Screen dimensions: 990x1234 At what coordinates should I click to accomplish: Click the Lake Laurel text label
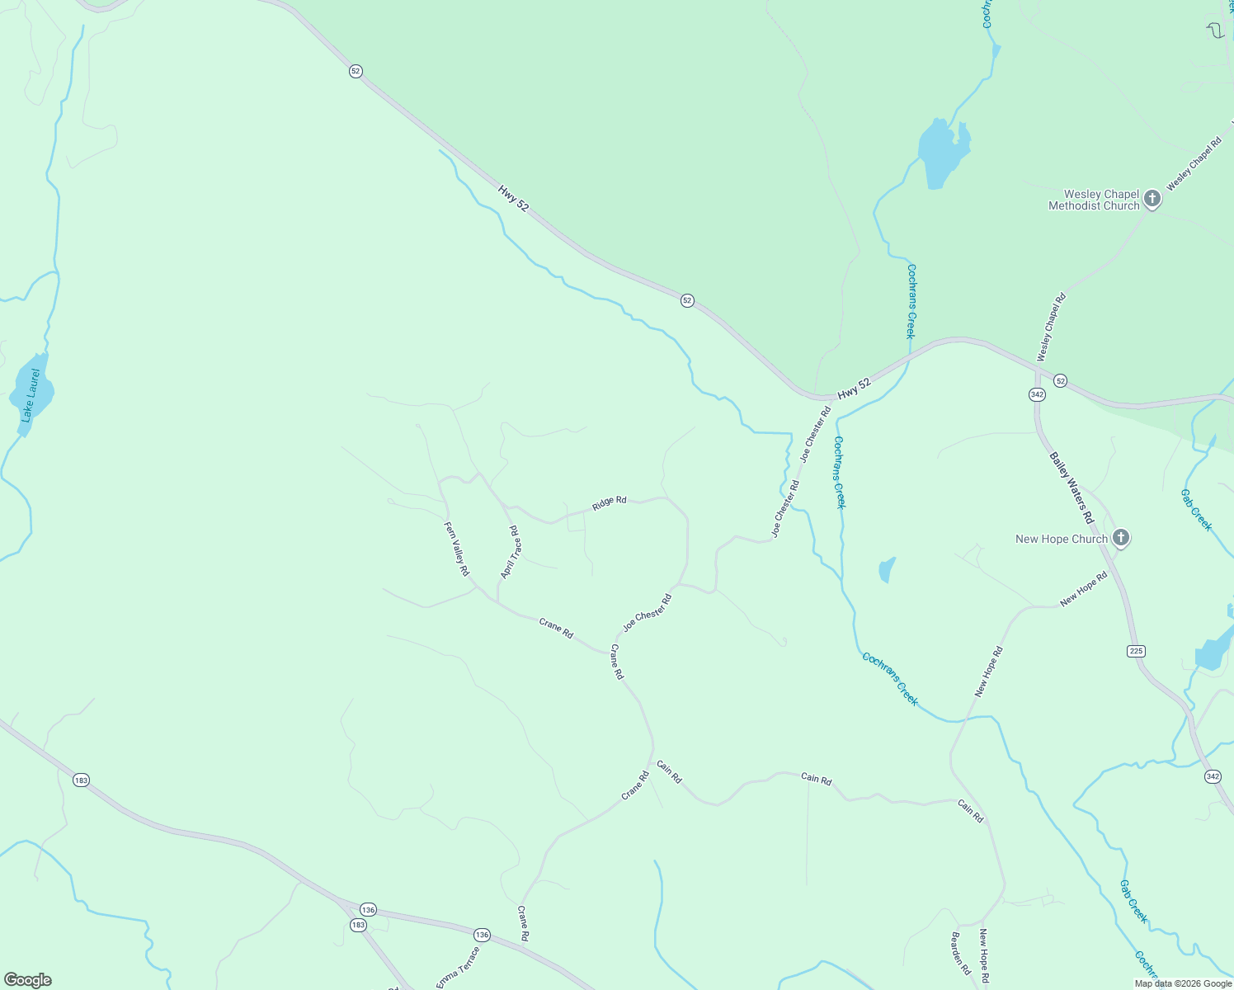tap(31, 396)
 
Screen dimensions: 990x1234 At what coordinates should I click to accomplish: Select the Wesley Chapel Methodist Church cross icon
tap(1152, 199)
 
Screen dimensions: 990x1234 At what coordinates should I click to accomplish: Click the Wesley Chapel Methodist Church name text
tap(1094, 200)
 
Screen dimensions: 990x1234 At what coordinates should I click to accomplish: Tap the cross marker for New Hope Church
tap(1120, 538)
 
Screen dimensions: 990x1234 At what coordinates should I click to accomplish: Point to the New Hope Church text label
tap(1062, 540)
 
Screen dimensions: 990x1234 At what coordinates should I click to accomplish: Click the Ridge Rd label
tap(610, 502)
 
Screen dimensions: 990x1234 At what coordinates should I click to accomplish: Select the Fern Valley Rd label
tap(457, 549)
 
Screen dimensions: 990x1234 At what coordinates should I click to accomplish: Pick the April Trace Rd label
tap(511, 552)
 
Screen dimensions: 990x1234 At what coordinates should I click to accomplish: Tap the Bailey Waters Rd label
tap(1072, 488)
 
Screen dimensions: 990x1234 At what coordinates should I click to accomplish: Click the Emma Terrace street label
tap(458, 967)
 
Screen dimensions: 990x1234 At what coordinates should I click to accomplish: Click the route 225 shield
tap(1136, 651)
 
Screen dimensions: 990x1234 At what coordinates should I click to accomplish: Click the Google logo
tap(28, 980)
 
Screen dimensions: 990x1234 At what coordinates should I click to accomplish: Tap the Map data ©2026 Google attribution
tap(1183, 983)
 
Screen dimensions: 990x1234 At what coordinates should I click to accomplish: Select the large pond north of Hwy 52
tap(942, 153)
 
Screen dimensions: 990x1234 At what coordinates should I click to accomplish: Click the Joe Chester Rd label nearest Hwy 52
tap(816, 433)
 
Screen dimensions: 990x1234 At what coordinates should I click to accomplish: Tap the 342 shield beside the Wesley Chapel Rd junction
tap(1037, 394)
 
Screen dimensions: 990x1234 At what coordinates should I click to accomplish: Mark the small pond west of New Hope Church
tap(887, 569)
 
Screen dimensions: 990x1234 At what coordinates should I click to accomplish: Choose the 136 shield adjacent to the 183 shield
tap(368, 909)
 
